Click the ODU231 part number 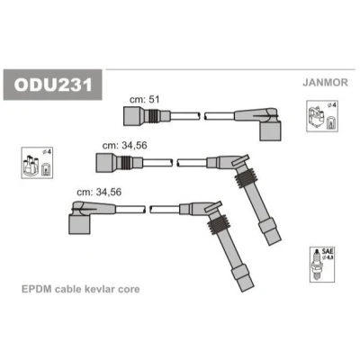coord(53,85)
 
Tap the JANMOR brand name coord(325,82)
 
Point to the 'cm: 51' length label coord(144,99)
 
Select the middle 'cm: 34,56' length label coord(124,146)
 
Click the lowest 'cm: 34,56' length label coord(99,192)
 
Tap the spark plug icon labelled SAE coord(322,265)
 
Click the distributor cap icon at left coord(37,163)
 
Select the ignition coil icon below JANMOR coord(322,116)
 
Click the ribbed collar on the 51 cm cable coord(154,116)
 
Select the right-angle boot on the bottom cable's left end coord(87,216)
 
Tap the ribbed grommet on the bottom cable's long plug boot coord(219,224)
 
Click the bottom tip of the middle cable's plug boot coord(274,243)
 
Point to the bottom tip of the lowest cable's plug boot coord(247,289)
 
